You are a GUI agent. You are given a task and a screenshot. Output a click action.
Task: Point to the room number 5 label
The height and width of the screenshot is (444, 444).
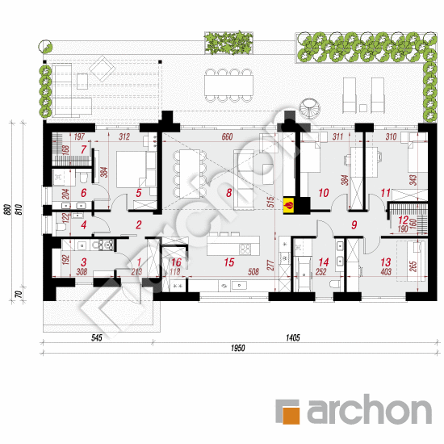pos(139,193)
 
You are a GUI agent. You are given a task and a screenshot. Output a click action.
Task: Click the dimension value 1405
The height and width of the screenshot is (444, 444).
pos(291,337)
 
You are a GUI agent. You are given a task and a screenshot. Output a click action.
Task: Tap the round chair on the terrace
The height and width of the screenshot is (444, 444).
pos(310,106)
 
